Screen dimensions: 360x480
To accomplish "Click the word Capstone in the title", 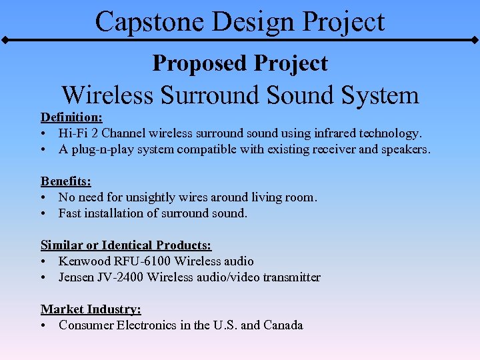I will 139,21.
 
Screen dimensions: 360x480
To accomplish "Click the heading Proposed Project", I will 240,63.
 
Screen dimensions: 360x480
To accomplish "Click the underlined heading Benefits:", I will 66,181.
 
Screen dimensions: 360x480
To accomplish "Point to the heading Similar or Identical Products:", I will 126,245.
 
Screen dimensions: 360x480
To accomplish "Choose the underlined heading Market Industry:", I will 91,309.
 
